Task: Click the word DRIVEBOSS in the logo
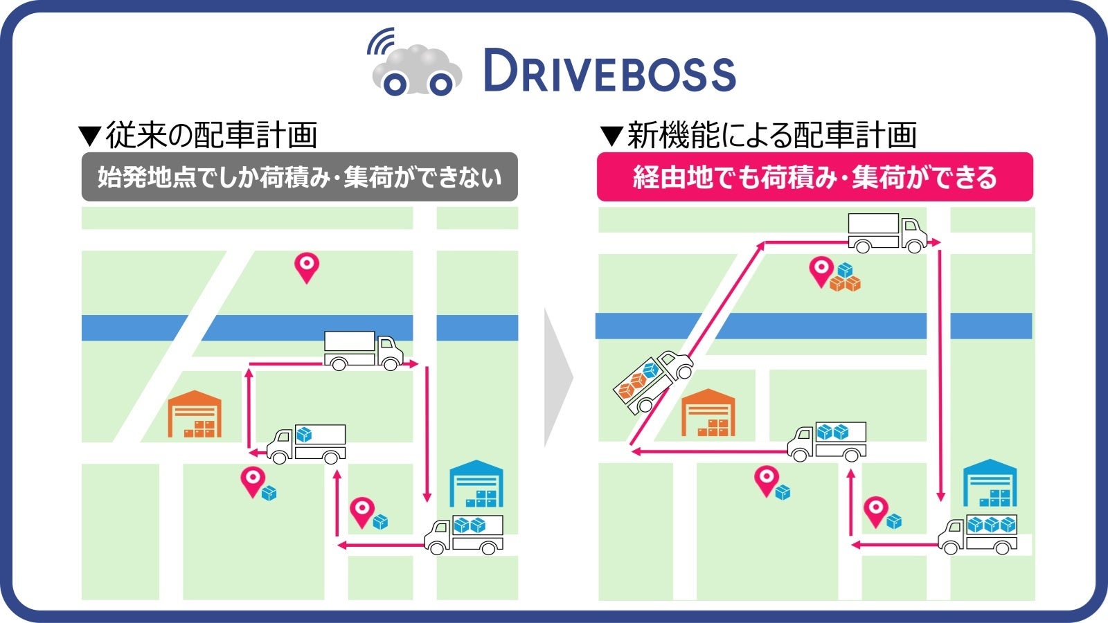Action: (x=609, y=71)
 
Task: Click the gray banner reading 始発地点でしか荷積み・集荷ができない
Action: (x=299, y=177)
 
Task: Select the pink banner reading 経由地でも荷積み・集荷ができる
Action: (x=814, y=177)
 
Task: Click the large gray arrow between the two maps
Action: (x=558, y=378)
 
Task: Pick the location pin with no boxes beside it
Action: (x=307, y=267)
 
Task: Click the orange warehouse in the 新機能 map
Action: (x=708, y=413)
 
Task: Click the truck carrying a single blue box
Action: (x=307, y=444)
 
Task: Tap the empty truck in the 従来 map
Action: (x=363, y=350)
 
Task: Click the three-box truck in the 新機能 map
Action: (x=978, y=534)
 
